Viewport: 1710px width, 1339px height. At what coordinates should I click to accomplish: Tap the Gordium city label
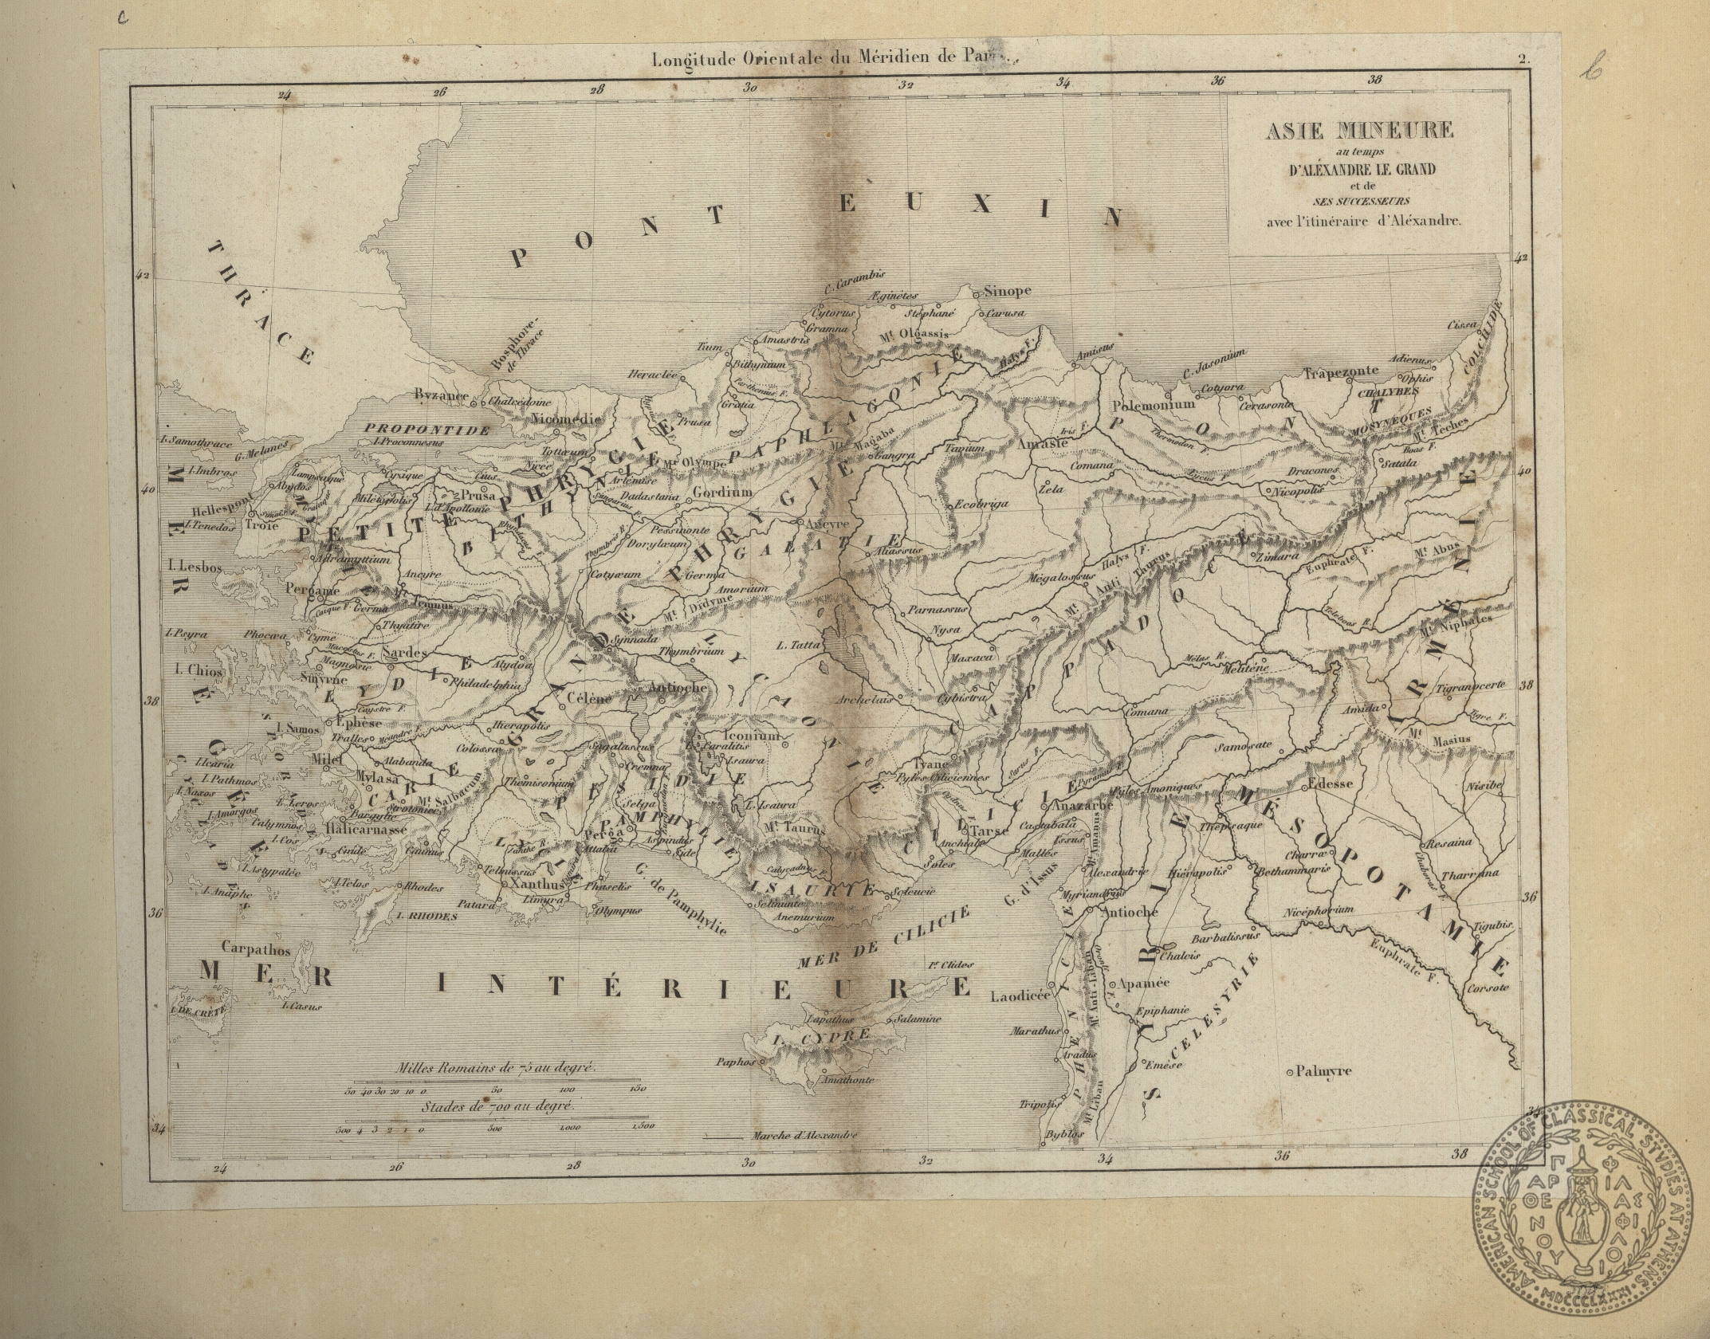click(x=722, y=493)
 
